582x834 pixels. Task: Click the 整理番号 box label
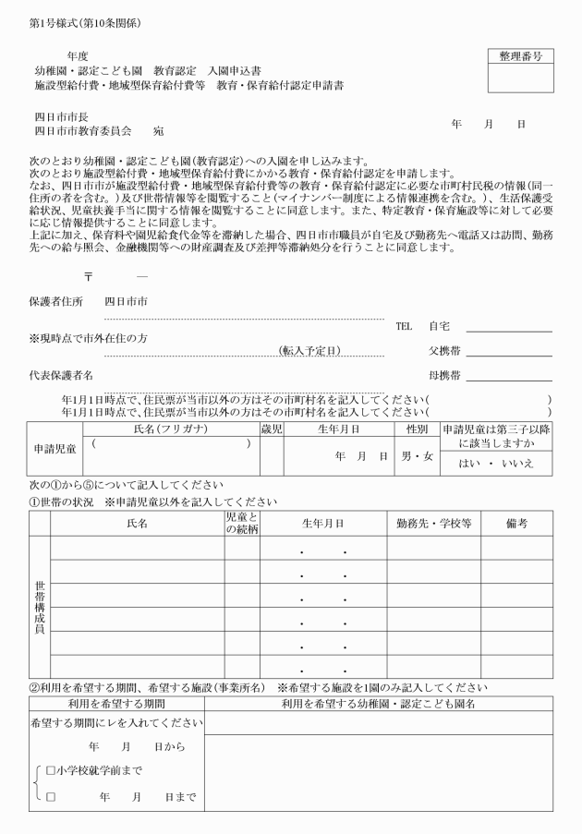(x=519, y=56)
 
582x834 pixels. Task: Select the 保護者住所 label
(x=55, y=301)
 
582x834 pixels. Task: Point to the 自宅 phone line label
(x=439, y=326)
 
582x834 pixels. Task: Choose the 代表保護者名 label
(x=61, y=375)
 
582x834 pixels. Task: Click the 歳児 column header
(x=271, y=429)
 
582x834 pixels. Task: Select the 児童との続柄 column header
(x=242, y=522)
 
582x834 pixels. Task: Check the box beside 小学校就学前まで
(x=51, y=770)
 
